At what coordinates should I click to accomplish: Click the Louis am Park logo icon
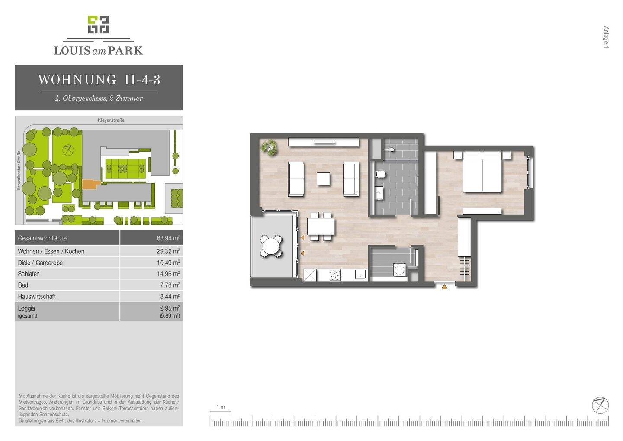pos(98,25)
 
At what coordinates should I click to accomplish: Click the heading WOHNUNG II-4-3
pos(99,80)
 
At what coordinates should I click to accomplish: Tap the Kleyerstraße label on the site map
pos(111,120)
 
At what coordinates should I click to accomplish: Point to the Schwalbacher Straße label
pos(19,170)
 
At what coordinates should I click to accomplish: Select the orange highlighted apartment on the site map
pos(90,184)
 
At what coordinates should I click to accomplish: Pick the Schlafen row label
pos(29,274)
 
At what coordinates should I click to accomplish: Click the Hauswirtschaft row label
pos(37,297)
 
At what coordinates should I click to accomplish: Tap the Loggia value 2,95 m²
pos(170,308)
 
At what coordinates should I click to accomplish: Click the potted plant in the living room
pos(270,147)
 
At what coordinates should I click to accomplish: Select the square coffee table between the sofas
pos(323,179)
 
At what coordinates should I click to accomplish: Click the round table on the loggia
pos(271,246)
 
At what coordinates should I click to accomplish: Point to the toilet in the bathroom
pos(381,175)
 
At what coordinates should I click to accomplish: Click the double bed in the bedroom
pos(482,172)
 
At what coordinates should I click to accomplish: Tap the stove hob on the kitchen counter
pos(335,275)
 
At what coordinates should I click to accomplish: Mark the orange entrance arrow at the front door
pos(444,286)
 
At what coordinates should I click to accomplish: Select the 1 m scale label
pos(220,407)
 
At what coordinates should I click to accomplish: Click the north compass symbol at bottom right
pos(600,405)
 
